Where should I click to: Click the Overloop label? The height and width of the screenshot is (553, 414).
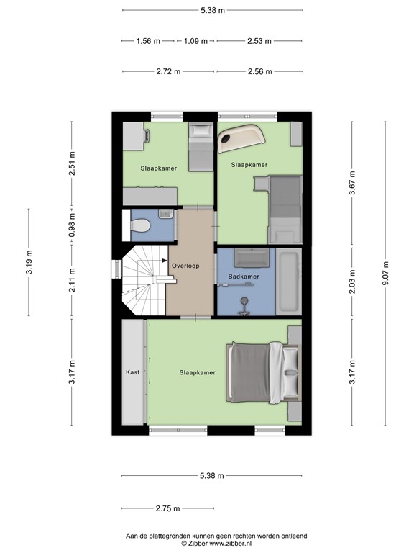[x=185, y=266]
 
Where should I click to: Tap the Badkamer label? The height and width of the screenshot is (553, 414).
[x=244, y=276]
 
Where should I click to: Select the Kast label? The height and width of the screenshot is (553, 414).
[x=132, y=372]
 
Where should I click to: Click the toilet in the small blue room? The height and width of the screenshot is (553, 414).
[x=141, y=226]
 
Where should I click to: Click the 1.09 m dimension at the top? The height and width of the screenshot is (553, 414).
[x=196, y=41]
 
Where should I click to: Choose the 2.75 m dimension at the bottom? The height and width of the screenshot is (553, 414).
[x=167, y=508]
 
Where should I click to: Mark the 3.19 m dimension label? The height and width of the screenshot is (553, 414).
[x=29, y=262]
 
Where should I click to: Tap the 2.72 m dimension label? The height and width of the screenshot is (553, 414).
[x=167, y=72]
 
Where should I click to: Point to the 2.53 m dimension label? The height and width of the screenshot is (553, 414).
[x=259, y=41]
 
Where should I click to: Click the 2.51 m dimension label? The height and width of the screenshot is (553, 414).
[x=71, y=163]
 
